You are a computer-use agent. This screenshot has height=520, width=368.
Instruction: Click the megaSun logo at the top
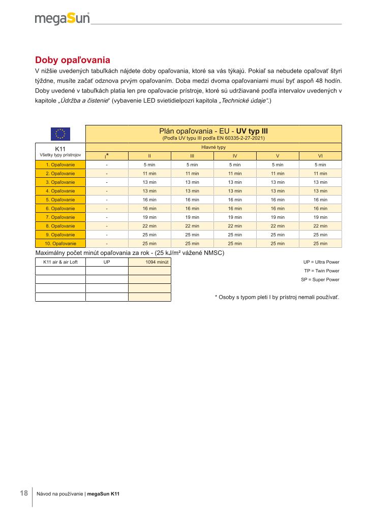pyautogui.click(x=62, y=19)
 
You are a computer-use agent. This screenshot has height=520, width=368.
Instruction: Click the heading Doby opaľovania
pyautogui.click(x=73, y=59)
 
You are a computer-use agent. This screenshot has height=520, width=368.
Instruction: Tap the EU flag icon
pyautogui.click(x=60, y=134)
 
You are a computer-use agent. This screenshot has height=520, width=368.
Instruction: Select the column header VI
pyautogui.click(x=320, y=156)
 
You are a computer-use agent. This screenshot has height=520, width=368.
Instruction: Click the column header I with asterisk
pyautogui.click(x=107, y=155)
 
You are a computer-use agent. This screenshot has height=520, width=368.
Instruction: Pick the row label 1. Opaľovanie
pyautogui.click(x=60, y=165)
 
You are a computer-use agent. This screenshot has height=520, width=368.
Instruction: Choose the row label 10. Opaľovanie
pyautogui.click(x=60, y=243)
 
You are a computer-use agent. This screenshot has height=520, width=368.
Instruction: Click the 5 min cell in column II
pyautogui.click(x=149, y=165)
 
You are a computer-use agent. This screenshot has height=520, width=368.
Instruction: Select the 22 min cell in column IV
pyautogui.click(x=235, y=225)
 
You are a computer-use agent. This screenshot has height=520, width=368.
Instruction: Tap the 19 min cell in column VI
pyautogui.click(x=320, y=217)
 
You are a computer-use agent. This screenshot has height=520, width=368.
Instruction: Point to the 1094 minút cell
pyautogui.click(x=149, y=262)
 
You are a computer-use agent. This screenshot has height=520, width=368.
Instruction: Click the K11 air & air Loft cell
pyautogui.click(x=60, y=262)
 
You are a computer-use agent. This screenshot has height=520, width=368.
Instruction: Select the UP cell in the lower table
pyautogui.click(x=107, y=262)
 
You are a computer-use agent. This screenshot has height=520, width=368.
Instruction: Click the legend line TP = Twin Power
pyautogui.click(x=321, y=271)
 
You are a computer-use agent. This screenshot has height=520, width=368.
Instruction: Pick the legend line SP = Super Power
pyautogui.click(x=320, y=280)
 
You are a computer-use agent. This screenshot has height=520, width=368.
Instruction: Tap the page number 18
pyautogui.click(x=23, y=493)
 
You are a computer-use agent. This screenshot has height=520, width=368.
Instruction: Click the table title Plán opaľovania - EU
pyautogui.click(x=213, y=132)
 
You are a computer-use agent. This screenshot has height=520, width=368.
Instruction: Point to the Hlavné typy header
pyautogui.click(x=213, y=147)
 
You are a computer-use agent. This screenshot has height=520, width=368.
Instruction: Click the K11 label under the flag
pyautogui.click(x=60, y=148)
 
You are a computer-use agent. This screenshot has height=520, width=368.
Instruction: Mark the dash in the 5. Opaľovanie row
pyautogui.click(x=107, y=200)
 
